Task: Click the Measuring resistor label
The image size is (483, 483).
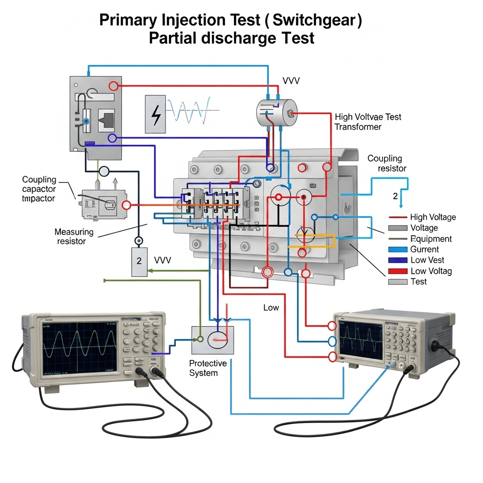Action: (x=74, y=236)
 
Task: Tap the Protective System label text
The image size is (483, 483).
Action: (x=208, y=368)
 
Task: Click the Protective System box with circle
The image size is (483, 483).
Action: (x=213, y=340)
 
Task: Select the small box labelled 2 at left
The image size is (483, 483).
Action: (x=139, y=262)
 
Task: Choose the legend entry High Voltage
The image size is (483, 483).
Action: (x=433, y=217)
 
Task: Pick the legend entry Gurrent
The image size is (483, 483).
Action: (x=424, y=250)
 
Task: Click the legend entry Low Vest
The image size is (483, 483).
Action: (x=427, y=260)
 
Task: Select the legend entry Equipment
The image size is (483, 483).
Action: (x=431, y=239)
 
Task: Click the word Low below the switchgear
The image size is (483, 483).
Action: (x=271, y=308)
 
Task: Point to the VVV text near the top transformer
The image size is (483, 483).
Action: (x=291, y=81)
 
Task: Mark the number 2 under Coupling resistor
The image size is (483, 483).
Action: (x=395, y=195)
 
